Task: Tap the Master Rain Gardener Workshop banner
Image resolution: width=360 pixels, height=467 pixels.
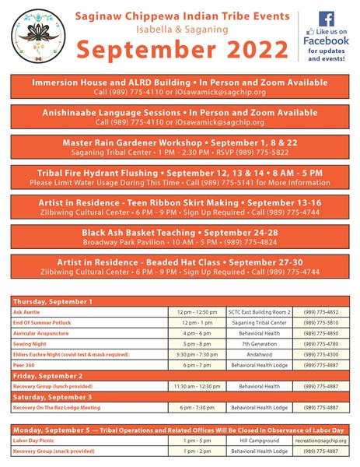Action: tap(180, 148)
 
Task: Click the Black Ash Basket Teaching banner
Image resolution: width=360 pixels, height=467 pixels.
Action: tap(180, 237)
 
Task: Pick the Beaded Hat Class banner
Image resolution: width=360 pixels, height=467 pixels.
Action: tap(180, 267)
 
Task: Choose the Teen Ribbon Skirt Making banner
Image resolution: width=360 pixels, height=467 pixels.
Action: tap(180, 208)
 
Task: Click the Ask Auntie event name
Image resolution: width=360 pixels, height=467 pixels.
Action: tap(26, 311)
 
